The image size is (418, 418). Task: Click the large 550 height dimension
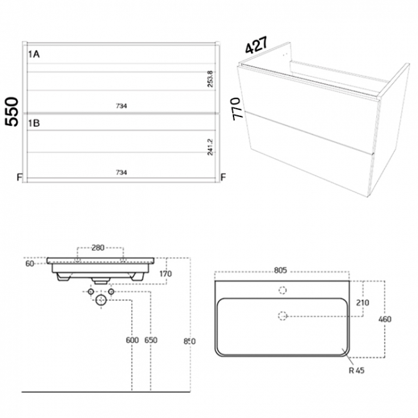(x=11, y=113)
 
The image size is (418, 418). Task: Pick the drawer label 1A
(x=34, y=55)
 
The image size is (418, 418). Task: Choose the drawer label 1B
(x=34, y=123)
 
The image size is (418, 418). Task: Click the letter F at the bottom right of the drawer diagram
(x=223, y=177)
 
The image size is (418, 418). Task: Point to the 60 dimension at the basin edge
(x=30, y=263)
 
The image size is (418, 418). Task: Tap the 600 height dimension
(x=133, y=340)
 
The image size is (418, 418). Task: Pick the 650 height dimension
(x=151, y=340)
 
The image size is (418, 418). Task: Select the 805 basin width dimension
(x=280, y=271)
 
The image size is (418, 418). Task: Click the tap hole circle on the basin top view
(x=282, y=290)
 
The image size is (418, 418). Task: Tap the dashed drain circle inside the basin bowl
(x=282, y=314)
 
